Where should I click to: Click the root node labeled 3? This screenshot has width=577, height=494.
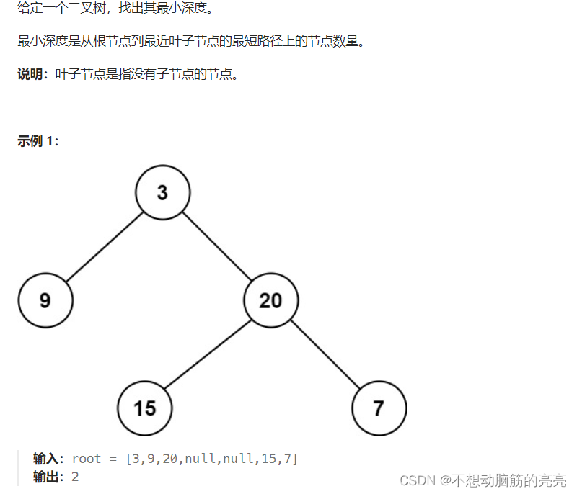point(162,193)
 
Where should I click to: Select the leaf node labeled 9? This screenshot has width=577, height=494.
point(45,300)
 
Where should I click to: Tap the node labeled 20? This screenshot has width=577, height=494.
point(270,300)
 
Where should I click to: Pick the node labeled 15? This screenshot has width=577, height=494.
point(145,408)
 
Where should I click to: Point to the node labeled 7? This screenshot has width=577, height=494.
point(379,408)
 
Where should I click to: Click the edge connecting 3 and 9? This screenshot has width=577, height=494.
point(104,246)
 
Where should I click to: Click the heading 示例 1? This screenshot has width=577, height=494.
point(38,141)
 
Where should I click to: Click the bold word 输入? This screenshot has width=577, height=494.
point(48,459)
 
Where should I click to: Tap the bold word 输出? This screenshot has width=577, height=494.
point(48,476)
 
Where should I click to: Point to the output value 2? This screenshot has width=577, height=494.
point(75,476)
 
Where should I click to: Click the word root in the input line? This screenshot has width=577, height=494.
point(87,459)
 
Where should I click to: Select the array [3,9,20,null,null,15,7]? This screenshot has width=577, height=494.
point(211,459)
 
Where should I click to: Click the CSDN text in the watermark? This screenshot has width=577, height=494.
point(417,480)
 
